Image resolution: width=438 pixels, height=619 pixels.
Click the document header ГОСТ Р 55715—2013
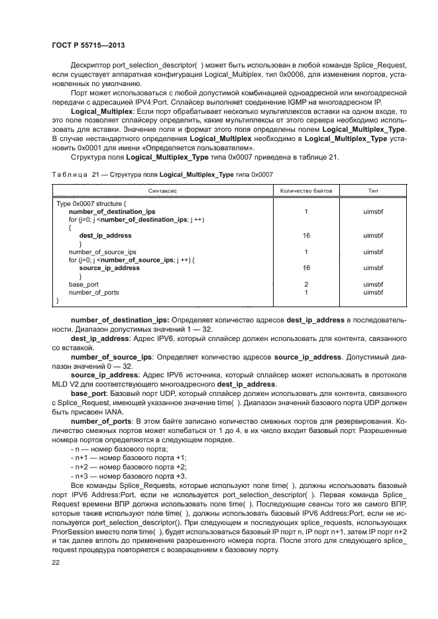(x=88, y=46)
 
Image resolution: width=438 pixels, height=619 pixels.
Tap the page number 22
(x=56, y=562)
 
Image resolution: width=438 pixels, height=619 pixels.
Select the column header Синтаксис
(x=162, y=190)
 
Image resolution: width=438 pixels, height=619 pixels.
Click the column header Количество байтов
(x=305, y=190)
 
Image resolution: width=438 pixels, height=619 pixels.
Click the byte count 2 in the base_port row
(x=305, y=284)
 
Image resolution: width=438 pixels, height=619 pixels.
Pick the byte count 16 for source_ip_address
(x=305, y=268)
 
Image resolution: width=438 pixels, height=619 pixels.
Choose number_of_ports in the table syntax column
(x=94, y=292)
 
